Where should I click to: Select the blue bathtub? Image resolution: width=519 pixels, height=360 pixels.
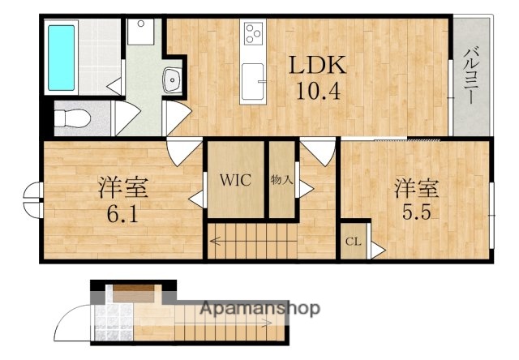click(x=61, y=56)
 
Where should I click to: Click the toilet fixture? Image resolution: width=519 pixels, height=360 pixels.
click(x=71, y=118)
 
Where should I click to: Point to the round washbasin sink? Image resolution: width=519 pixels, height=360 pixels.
click(x=172, y=79)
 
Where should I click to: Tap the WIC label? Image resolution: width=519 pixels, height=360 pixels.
click(x=235, y=179)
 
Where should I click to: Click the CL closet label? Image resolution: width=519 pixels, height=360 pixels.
click(x=354, y=242)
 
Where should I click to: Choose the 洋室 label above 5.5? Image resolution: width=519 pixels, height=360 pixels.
click(x=417, y=189)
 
